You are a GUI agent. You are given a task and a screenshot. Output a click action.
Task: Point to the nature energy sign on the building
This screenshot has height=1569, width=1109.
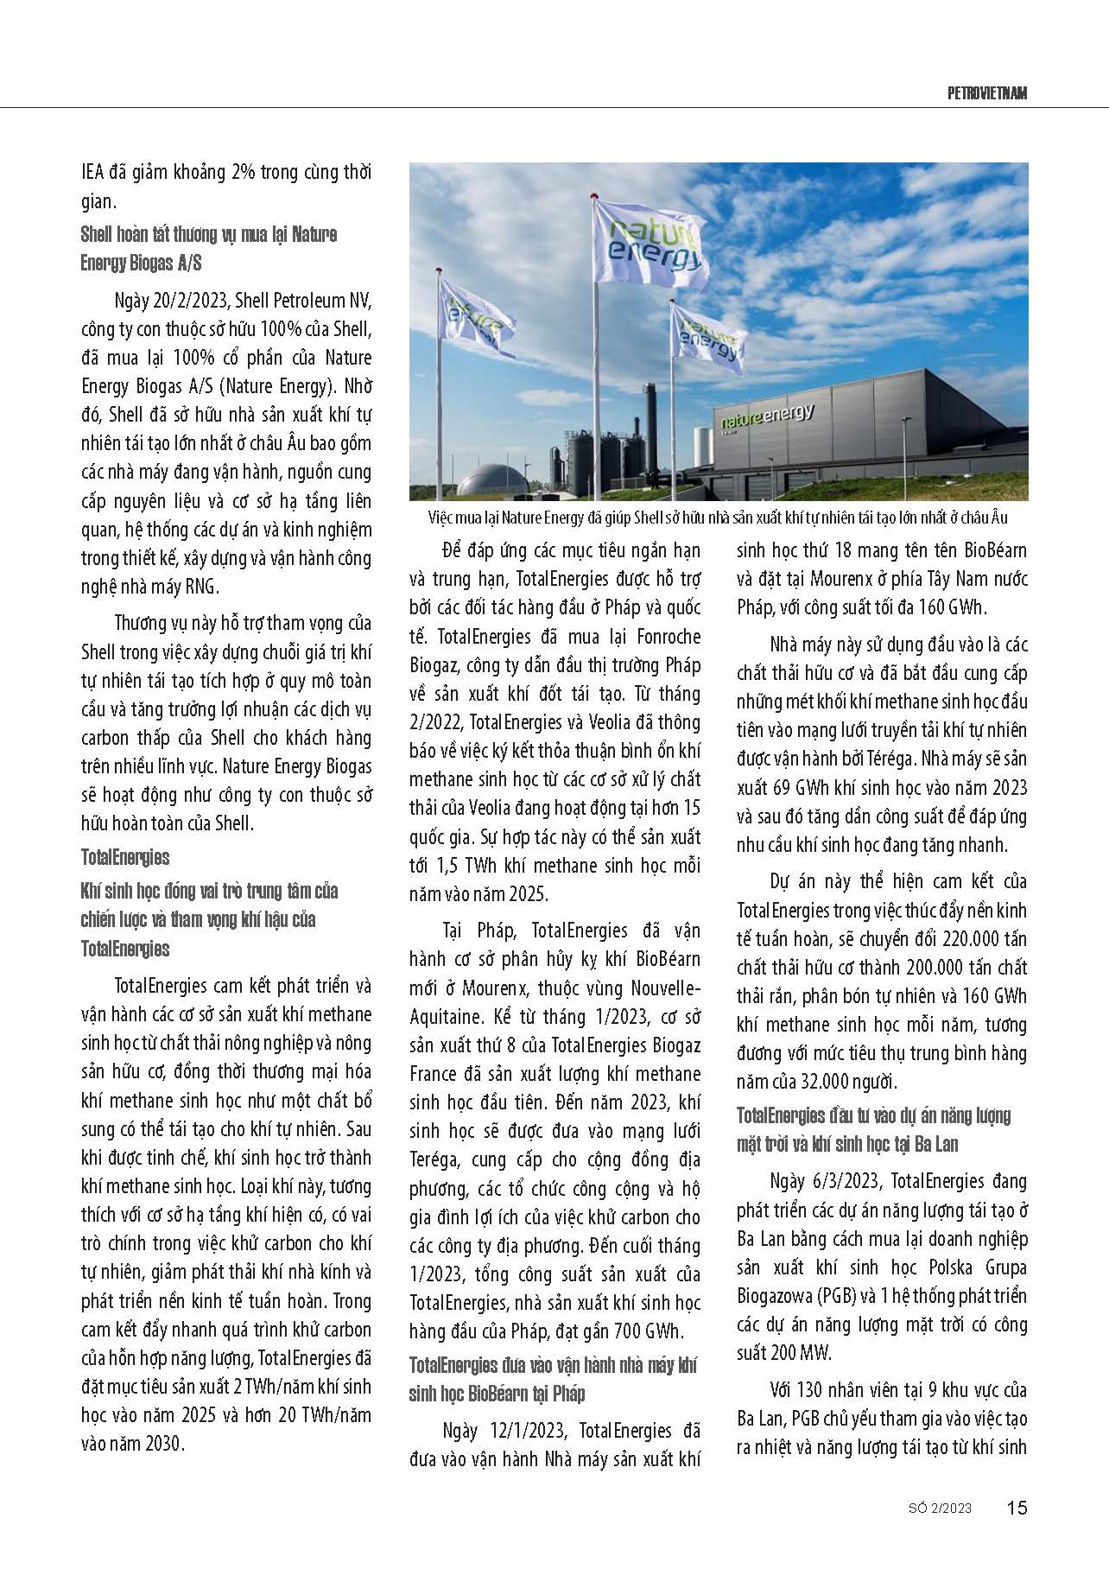click(768, 417)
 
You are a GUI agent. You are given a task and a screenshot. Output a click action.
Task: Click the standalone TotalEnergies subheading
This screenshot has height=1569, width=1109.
click(125, 857)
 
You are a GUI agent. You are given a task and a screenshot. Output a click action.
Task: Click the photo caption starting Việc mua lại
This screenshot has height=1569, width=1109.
click(717, 518)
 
